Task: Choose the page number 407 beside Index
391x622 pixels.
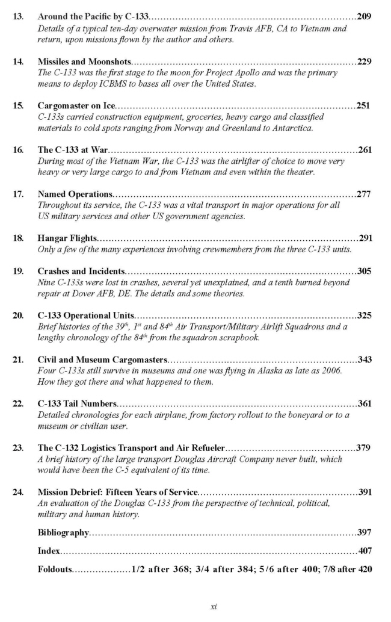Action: coord(364,550)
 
